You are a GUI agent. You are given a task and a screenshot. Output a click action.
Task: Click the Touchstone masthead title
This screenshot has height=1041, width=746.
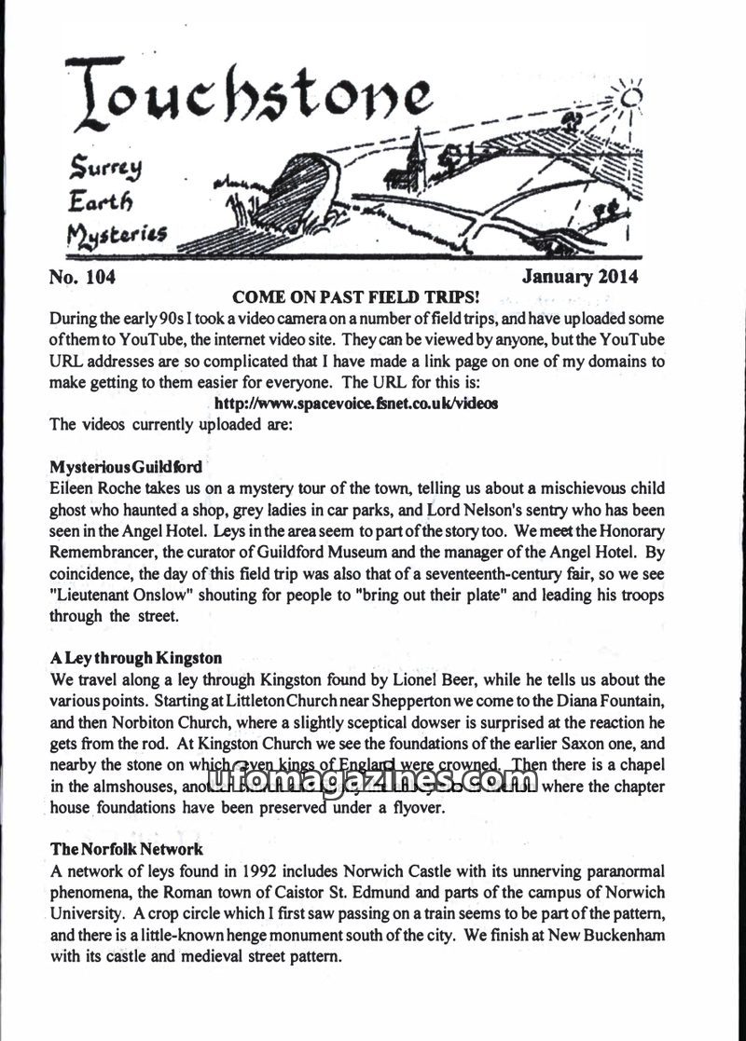click(x=247, y=98)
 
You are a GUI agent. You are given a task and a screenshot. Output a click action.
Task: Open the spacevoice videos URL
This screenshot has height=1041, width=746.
click(x=355, y=404)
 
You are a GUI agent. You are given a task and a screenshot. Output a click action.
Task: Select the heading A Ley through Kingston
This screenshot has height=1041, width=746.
click(x=135, y=658)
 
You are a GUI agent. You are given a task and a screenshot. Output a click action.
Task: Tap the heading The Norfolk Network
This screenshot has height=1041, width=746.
click(x=126, y=850)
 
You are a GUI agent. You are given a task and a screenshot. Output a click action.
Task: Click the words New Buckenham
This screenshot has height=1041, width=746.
click(x=639, y=936)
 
